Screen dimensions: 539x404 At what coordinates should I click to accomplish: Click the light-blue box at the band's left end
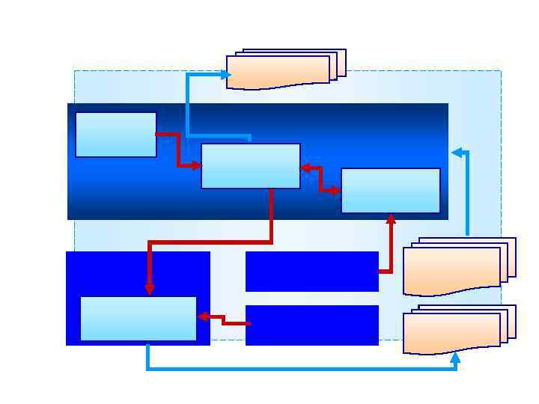pos(116,135)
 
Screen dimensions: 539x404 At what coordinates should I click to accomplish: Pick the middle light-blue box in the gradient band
pos(251,166)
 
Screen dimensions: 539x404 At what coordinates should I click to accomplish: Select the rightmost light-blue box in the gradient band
pos(390,190)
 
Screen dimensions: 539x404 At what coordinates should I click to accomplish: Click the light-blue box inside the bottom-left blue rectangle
pos(138,318)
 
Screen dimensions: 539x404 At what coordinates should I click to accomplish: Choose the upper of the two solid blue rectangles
pos(311,271)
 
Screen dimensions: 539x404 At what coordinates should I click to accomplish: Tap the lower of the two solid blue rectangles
pos(311,325)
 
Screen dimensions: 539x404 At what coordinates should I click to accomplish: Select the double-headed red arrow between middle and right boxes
pos(320,180)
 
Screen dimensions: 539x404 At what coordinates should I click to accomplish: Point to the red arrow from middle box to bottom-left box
pos(210,242)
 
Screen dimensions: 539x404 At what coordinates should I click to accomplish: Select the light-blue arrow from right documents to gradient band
pos(467,195)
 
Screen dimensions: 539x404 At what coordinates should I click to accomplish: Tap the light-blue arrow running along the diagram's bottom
pos(299,368)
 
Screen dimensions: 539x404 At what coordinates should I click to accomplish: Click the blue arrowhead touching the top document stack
pos(225,75)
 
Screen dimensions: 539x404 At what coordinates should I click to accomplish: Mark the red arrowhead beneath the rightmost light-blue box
pos(390,219)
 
